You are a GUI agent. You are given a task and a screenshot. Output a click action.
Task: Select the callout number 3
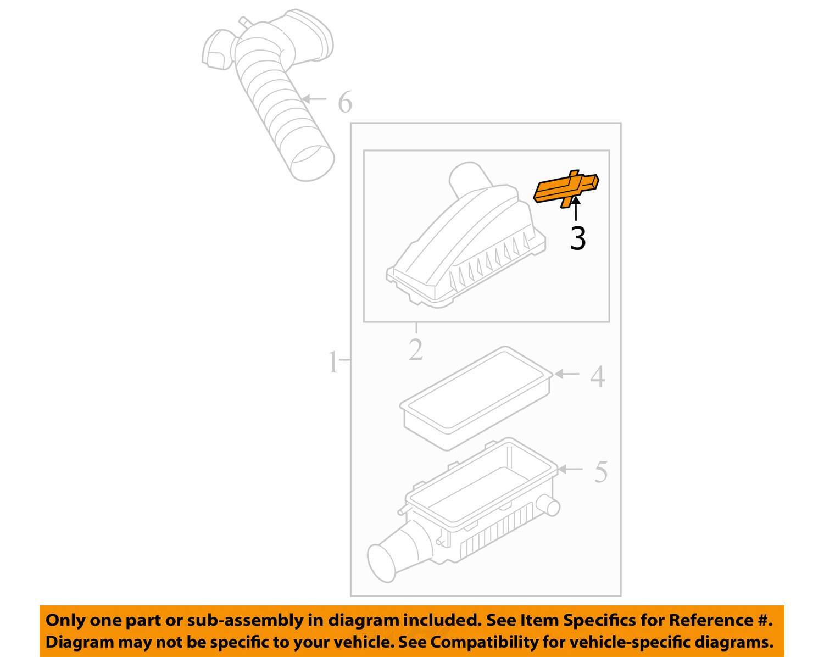tap(577, 238)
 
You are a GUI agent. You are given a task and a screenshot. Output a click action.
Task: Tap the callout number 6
tap(344, 102)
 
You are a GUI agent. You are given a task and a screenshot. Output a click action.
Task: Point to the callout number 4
tap(598, 377)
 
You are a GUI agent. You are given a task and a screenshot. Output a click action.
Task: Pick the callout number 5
tap(601, 472)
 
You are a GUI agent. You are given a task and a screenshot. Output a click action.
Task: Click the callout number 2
tap(416, 350)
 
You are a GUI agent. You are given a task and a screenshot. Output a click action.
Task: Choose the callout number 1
tap(333, 363)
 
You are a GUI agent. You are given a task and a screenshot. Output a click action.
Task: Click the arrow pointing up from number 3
tap(576, 210)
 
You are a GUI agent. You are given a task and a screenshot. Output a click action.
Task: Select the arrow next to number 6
tap(314, 99)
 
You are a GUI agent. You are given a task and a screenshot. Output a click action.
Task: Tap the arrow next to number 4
tap(567, 374)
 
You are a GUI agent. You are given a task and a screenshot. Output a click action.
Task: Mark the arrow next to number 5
tap(570, 469)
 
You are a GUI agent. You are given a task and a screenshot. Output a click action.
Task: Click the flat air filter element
tap(475, 398)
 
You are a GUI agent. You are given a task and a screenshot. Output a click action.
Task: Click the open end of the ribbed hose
tap(312, 160)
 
